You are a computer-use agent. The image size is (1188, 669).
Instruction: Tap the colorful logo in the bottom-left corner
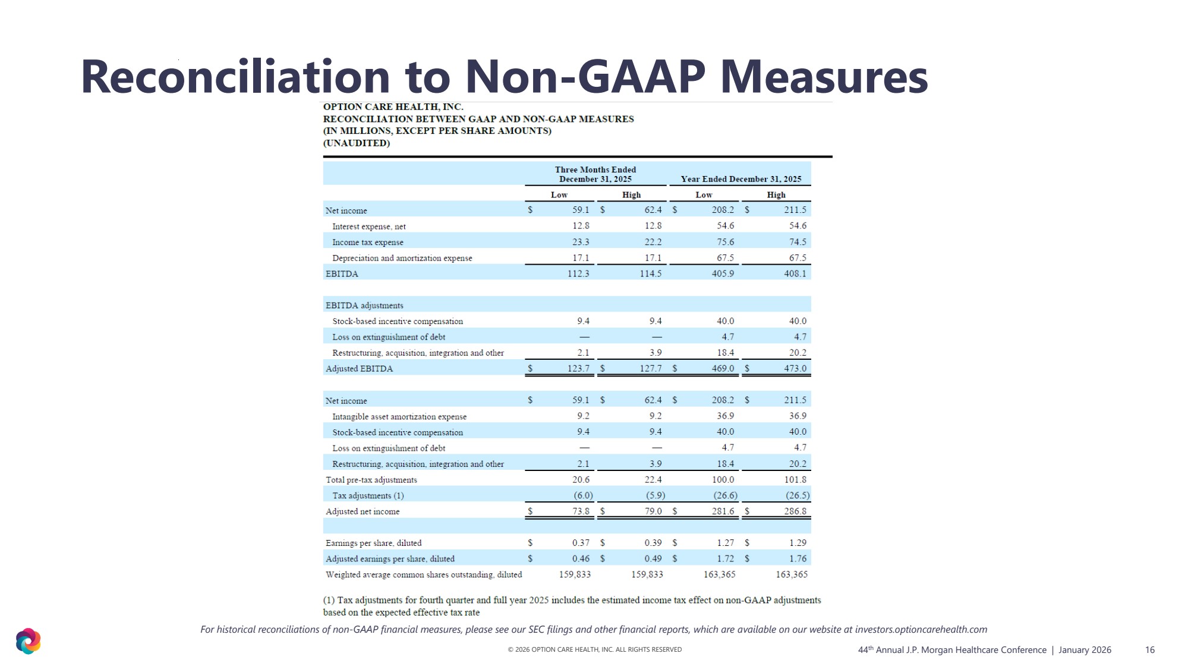[x=28, y=641]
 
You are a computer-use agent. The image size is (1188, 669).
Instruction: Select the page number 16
[x=1149, y=650]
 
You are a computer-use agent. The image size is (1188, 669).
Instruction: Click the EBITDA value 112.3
[x=578, y=274]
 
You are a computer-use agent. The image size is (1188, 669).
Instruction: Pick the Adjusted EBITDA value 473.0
[x=795, y=369]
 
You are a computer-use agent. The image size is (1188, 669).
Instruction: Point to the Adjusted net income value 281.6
[x=723, y=511]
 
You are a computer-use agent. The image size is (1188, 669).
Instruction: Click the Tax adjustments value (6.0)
[x=583, y=495]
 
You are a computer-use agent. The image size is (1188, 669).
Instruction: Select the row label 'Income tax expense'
[x=367, y=242]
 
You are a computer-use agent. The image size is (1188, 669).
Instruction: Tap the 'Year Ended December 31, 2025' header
[x=740, y=179]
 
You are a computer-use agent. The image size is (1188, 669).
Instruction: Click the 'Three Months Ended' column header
[x=595, y=170]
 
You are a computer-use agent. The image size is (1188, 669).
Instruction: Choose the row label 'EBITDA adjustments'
[x=364, y=306]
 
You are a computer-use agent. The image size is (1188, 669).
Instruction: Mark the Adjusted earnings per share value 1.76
[x=798, y=559]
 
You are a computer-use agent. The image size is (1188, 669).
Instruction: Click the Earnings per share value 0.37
[x=581, y=543]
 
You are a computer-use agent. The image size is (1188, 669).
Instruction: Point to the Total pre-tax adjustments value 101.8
[x=795, y=480]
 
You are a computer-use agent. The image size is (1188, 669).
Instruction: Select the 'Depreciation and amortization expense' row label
[x=402, y=258]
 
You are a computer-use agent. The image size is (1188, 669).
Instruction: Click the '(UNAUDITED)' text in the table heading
[x=356, y=143]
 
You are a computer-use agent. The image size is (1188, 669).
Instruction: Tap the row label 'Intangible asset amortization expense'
[x=399, y=416]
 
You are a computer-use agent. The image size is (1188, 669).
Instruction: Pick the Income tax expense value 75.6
[x=725, y=242]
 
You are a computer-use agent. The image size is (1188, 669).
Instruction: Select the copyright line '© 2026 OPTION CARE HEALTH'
[x=594, y=649]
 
